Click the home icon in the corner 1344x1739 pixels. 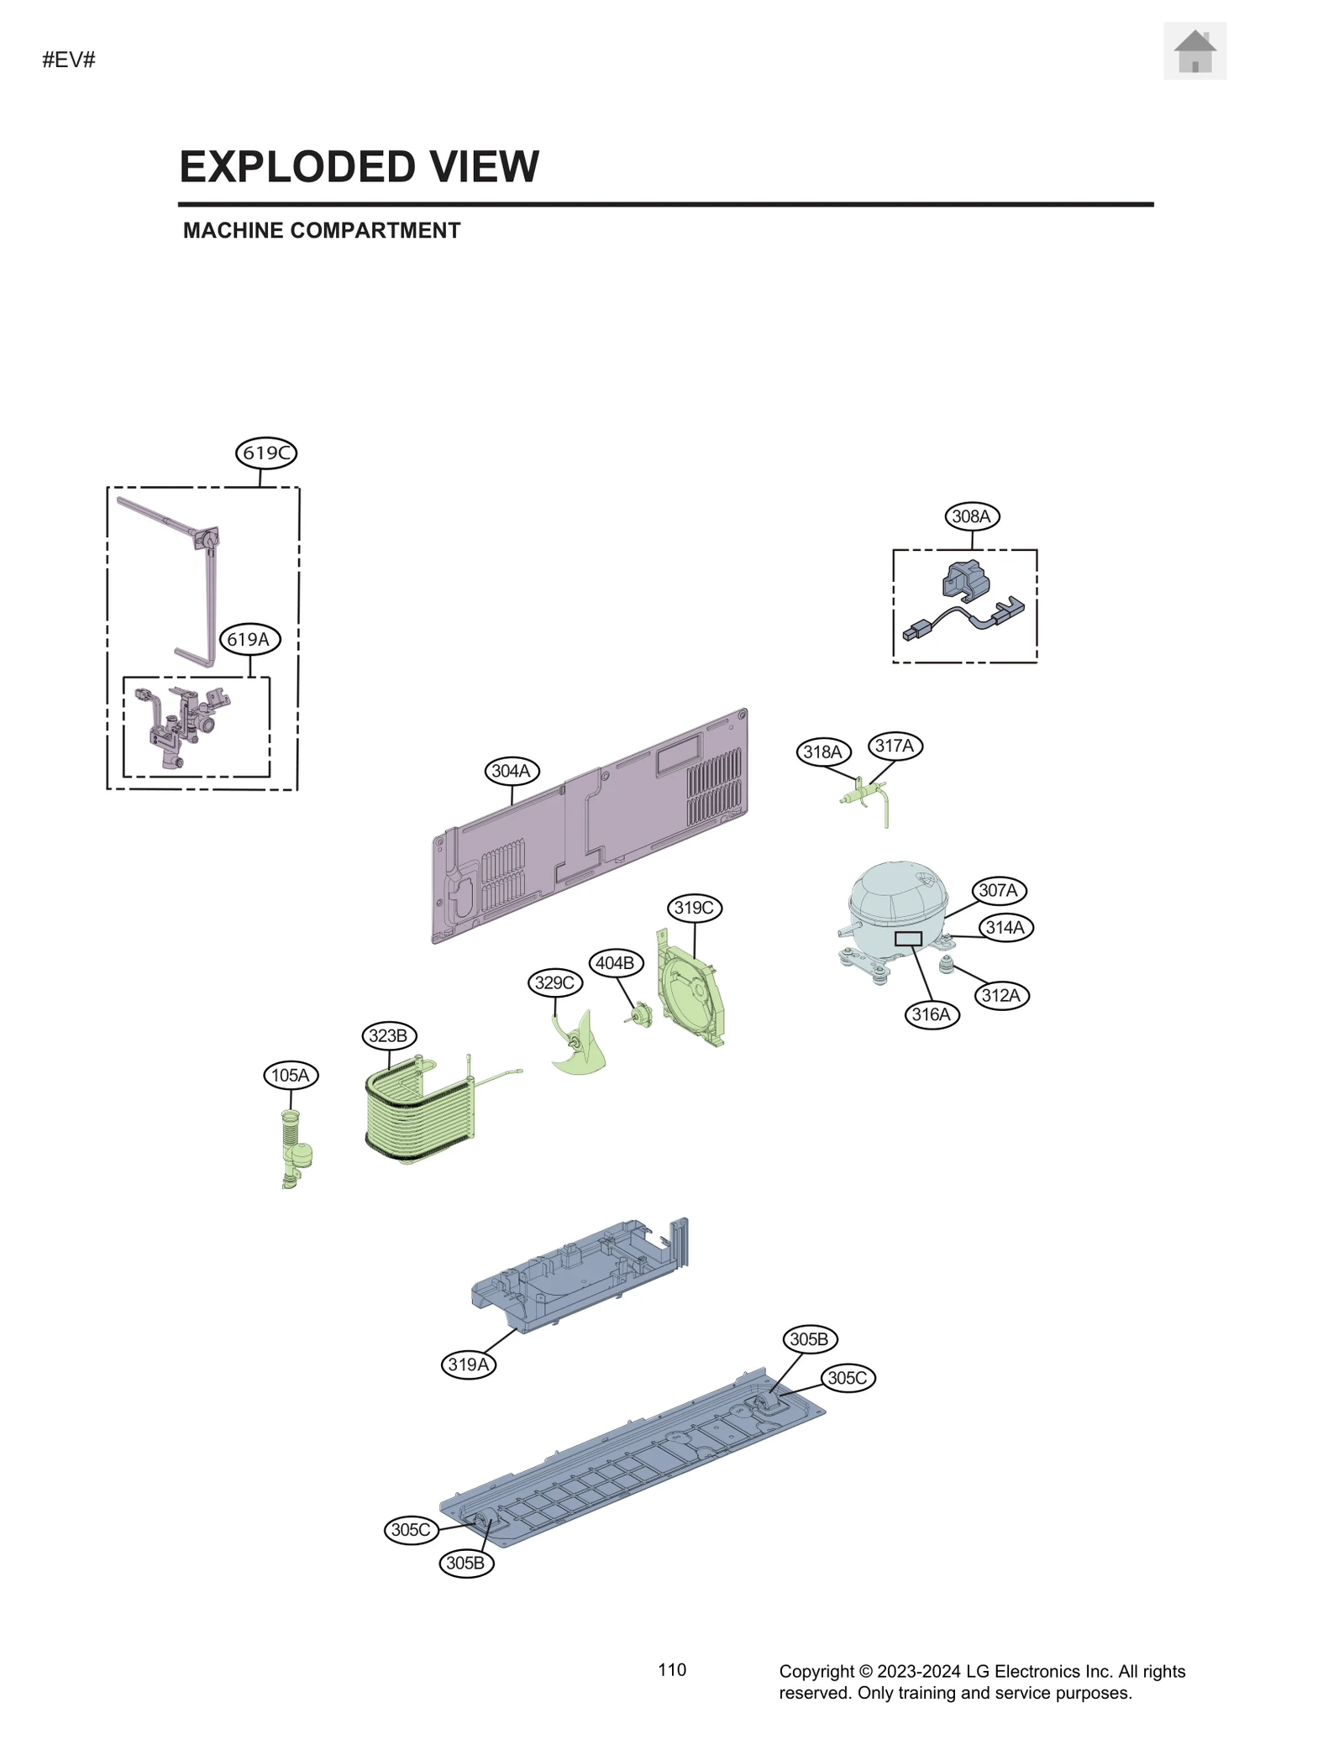pyautogui.click(x=1194, y=52)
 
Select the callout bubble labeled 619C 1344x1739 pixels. pyautogui.click(x=265, y=453)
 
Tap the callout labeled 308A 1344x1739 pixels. pyautogui.click(x=971, y=516)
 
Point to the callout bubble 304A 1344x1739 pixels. pyautogui.click(x=511, y=771)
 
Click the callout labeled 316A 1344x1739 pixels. pyautogui.click(x=931, y=1014)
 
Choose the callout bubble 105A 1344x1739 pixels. pyautogui.click(x=291, y=1075)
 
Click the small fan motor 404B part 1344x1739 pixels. pyautogui.click(x=643, y=1014)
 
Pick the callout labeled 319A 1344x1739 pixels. pyautogui.click(x=468, y=1364)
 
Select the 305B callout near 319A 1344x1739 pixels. pyautogui.click(x=466, y=1563)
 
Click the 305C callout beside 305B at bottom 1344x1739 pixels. pyautogui.click(x=411, y=1529)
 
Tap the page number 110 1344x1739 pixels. pyautogui.click(x=672, y=1669)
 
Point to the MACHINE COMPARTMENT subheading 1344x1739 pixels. pyautogui.click(x=322, y=231)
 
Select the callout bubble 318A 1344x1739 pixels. pyautogui.click(x=822, y=752)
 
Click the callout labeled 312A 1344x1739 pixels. pyautogui.click(x=1000, y=996)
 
